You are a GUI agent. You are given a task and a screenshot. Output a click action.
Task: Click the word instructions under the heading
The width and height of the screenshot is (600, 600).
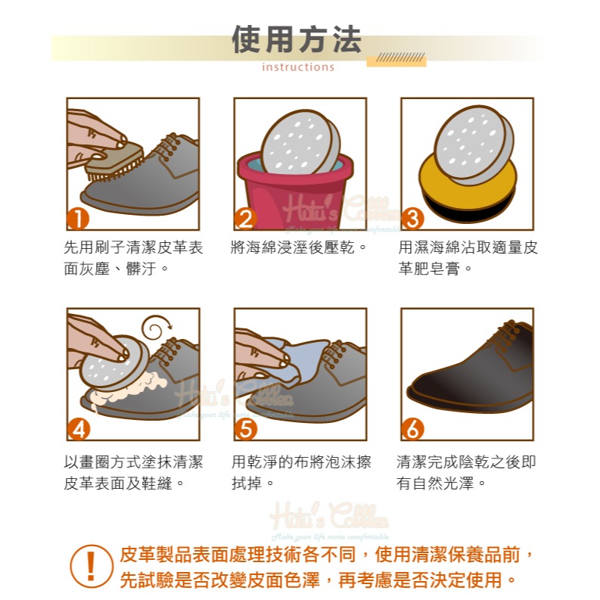(x=297, y=67)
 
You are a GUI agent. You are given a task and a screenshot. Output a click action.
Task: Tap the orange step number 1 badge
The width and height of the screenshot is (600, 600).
(x=78, y=219)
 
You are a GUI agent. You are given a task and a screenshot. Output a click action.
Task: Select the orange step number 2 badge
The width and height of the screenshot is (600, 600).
(x=245, y=219)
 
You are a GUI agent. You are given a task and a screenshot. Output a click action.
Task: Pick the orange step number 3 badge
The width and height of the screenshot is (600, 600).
(x=412, y=219)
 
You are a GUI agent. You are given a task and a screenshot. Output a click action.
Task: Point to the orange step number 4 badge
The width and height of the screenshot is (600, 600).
(x=78, y=429)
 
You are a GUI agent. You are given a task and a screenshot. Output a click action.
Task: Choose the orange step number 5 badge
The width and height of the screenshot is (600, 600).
(x=245, y=429)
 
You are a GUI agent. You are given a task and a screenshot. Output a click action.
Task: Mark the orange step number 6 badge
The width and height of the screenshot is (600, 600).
(x=412, y=429)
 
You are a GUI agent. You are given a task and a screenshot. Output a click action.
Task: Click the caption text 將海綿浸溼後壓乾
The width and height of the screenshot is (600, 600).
(x=298, y=247)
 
